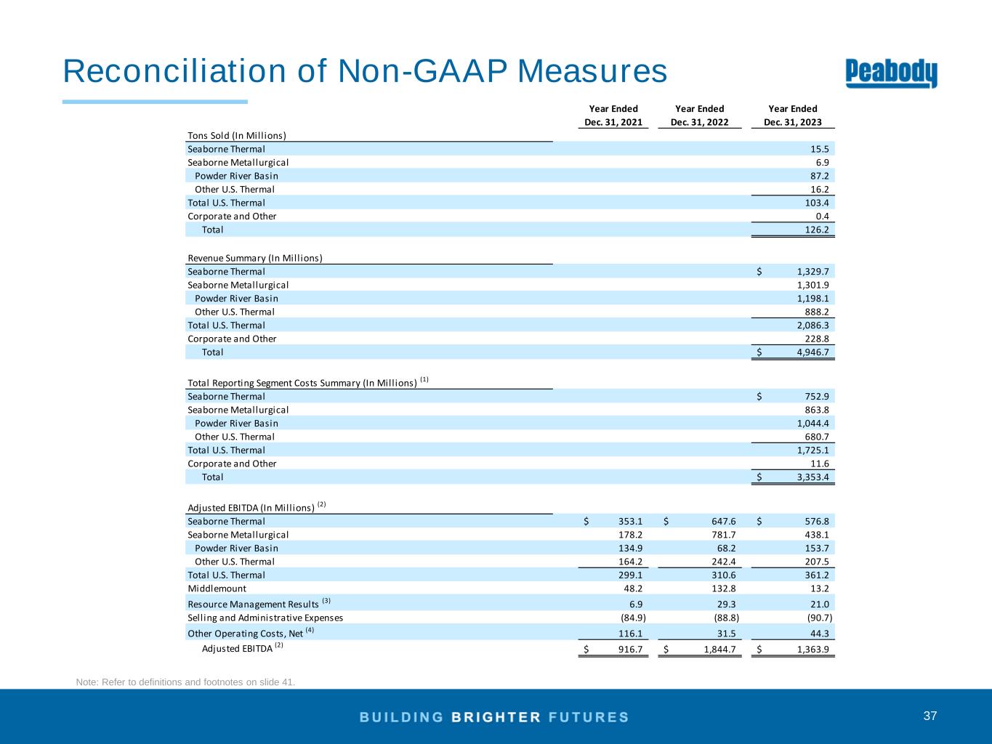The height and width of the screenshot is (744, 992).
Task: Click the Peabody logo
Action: point(891,73)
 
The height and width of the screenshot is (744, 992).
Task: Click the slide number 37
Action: point(930,716)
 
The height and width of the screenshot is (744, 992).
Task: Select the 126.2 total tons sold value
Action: point(818,230)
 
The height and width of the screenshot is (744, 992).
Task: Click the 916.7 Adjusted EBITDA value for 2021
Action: point(630,650)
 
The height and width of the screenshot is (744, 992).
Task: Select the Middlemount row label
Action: point(217,589)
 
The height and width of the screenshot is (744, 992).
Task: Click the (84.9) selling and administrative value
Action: point(632,618)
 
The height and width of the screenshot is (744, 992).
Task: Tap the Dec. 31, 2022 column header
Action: point(699,122)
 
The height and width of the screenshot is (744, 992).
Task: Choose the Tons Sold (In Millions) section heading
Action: point(237,135)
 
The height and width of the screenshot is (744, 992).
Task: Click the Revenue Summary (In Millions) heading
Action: point(255,258)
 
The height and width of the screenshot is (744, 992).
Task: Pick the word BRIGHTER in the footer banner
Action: point(496,717)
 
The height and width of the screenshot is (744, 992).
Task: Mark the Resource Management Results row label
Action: point(253,604)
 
